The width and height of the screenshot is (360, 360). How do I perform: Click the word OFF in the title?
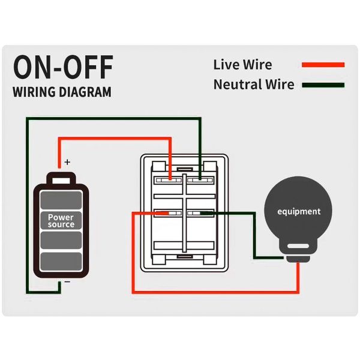coord(86,68)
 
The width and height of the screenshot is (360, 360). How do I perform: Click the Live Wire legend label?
coord(242,65)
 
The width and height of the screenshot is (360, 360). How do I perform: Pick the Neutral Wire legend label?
coord(254,85)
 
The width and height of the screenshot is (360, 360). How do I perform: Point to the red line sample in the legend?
coord(323,65)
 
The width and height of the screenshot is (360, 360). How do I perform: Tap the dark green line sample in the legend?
coord(323,85)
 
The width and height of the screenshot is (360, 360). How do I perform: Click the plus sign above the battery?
coord(67,162)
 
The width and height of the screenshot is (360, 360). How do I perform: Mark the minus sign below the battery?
coord(67,281)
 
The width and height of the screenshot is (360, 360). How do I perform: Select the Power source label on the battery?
coord(61,220)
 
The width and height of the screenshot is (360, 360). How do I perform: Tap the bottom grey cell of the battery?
coord(61,261)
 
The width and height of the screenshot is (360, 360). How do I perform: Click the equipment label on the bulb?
coord(299,212)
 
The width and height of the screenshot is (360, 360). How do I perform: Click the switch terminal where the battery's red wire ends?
coord(170,179)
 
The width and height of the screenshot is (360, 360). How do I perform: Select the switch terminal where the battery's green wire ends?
coord(200,179)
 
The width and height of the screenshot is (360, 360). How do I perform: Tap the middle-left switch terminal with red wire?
coord(170,212)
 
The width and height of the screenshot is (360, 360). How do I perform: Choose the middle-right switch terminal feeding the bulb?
coord(200,212)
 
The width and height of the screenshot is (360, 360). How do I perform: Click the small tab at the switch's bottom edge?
coord(185,257)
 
